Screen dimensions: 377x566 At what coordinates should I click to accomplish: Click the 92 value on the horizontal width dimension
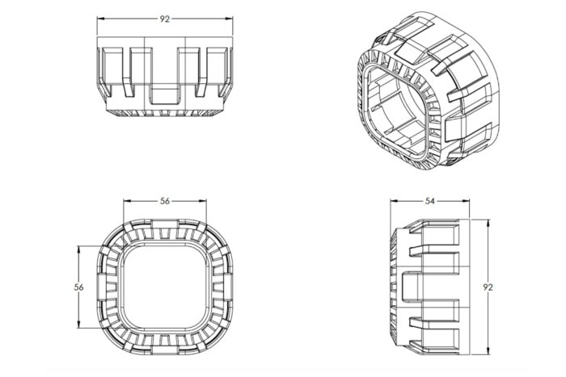pos(165,19)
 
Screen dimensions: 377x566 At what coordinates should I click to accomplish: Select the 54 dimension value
pos(430,200)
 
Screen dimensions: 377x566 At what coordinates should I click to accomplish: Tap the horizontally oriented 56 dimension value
pos(165,201)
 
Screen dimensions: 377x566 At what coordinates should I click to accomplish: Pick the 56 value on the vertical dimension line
pos(78,287)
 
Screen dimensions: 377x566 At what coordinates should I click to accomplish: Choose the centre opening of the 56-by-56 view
pos(165,287)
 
